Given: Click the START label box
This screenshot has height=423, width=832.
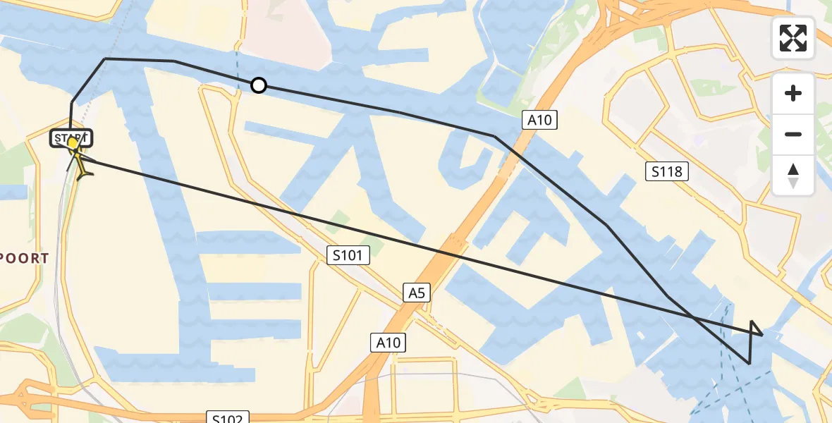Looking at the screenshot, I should (71, 137).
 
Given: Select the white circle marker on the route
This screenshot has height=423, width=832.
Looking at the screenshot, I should (259, 85).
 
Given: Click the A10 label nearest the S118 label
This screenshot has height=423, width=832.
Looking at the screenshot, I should (540, 120).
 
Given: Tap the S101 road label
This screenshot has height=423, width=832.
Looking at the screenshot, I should (349, 255).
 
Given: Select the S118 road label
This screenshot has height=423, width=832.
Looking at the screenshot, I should (667, 171).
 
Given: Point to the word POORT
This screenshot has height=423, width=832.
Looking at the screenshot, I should (25, 259).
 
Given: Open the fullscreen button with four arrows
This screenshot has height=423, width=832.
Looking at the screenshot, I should (793, 38).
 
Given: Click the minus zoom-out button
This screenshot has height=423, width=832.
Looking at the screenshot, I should (793, 134).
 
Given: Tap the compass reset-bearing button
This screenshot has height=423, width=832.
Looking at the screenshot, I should (793, 176).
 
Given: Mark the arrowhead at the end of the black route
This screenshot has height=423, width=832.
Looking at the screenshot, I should (755, 328).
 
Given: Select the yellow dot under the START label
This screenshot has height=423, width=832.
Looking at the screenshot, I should (72, 143).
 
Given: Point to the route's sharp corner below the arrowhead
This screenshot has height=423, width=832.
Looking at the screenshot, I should (749, 363).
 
